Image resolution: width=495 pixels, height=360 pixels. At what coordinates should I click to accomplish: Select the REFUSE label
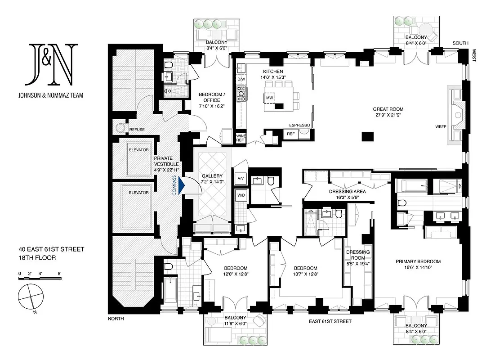tap(137, 130)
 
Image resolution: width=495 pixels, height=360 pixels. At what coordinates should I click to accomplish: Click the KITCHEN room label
tap(273, 72)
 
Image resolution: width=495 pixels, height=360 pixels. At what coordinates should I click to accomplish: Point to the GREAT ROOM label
tap(388, 109)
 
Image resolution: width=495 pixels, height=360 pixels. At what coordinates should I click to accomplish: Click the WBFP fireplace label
tap(441, 126)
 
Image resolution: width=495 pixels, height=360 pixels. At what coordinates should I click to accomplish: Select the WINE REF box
tap(240, 138)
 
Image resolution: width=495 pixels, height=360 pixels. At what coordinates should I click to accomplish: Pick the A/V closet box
tap(240, 177)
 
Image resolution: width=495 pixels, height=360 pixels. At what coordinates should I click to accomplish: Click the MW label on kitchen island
tap(270, 98)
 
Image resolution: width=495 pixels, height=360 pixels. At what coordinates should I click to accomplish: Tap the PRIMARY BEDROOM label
tap(418, 261)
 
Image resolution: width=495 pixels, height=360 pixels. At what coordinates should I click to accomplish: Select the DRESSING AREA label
tap(347, 191)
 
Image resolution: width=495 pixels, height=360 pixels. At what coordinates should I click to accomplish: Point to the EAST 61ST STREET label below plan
tap(330, 321)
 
